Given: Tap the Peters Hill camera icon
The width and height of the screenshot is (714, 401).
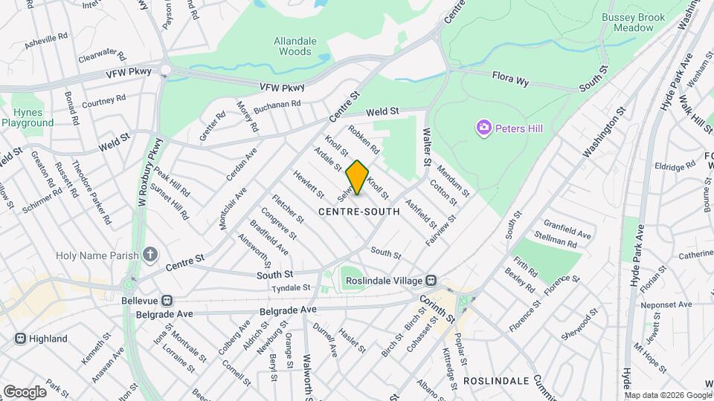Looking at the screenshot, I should [x=484, y=128].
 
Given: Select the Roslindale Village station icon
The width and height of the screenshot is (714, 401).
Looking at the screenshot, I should [x=431, y=281].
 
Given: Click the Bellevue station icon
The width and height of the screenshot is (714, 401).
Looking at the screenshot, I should [x=168, y=301].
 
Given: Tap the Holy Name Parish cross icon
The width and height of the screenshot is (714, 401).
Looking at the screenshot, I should [x=150, y=256].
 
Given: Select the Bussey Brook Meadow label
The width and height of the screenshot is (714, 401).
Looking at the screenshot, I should [x=628, y=22].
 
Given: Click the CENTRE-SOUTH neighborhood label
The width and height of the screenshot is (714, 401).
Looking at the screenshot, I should [x=359, y=212].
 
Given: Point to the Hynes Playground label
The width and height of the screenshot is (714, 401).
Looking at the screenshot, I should [x=22, y=117].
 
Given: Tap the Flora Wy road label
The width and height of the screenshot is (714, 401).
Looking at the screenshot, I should [x=510, y=79].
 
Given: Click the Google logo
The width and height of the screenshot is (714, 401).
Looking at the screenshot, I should [x=25, y=391].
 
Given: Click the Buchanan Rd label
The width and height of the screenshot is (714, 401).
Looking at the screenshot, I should [x=277, y=108].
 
